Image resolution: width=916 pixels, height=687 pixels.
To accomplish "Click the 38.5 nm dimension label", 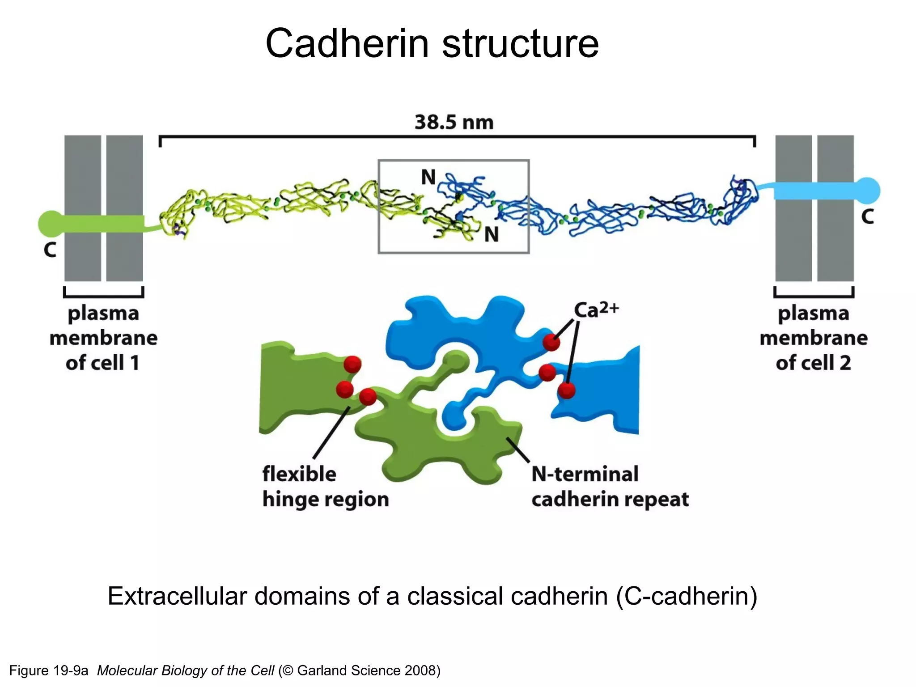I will tap(454, 122).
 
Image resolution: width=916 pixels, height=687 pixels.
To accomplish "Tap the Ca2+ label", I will tap(596, 310).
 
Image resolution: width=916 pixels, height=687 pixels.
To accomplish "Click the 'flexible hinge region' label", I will tap(325, 487).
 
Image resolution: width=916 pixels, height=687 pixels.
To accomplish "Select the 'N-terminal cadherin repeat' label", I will tap(609, 487).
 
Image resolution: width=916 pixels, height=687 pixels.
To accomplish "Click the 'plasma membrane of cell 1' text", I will tap(103, 338).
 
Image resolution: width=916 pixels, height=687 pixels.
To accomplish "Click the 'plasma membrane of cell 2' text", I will tap(813, 338).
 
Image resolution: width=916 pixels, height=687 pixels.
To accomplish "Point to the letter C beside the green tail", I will tap(50, 250).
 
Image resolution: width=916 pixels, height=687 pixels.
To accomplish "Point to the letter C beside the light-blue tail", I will tap(867, 216).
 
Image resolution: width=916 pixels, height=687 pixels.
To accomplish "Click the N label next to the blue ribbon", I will tap(428, 178).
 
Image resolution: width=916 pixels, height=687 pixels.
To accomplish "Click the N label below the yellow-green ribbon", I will tap(491, 234).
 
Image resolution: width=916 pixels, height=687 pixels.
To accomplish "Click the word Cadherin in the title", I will tap(347, 43).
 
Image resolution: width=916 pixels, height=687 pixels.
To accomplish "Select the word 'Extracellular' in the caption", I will tap(177, 596).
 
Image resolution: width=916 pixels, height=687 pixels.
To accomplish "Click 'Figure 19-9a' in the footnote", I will tap(48, 670).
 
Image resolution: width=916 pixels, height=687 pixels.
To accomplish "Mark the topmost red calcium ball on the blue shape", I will tap(551, 343).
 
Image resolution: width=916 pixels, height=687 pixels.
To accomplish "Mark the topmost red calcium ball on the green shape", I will tap(352, 364).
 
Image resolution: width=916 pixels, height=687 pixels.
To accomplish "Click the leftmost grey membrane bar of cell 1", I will tap(82, 208).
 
